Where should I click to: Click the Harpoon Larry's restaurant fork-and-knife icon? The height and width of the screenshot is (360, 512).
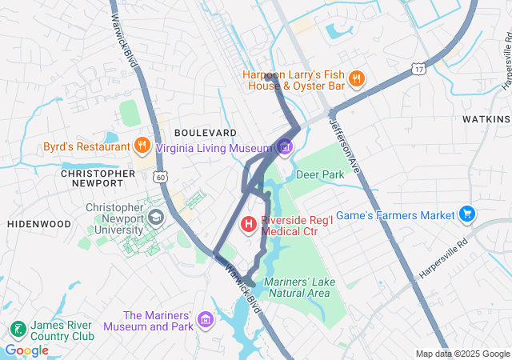click(x=357, y=78)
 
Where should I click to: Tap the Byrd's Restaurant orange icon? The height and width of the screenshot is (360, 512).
click(x=142, y=146)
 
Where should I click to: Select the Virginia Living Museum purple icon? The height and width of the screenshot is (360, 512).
click(x=285, y=146)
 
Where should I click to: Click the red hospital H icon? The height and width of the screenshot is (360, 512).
click(x=249, y=224)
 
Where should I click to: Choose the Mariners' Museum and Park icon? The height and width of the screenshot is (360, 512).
click(x=206, y=321)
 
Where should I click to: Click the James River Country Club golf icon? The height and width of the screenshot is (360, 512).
click(x=17, y=329)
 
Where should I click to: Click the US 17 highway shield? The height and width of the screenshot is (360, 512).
click(x=418, y=70)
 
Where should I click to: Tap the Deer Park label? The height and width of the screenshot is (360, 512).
click(x=319, y=174)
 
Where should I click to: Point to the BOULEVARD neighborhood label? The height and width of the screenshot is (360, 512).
click(x=206, y=131)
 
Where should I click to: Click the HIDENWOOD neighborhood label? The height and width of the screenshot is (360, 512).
click(x=39, y=225)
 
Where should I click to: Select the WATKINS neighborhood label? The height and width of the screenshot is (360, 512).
click(x=486, y=119)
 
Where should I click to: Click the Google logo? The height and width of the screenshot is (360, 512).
click(x=26, y=350)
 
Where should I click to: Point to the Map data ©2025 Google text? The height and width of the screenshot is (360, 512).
click(x=462, y=354)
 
